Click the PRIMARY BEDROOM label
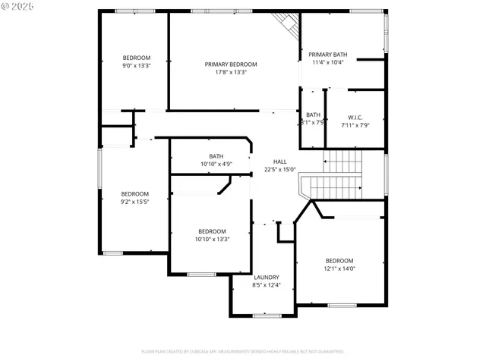(x=231, y=64)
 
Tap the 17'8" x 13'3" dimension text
(x=231, y=72)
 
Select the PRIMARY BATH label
(x=327, y=55)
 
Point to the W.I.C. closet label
(x=355, y=118)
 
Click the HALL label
(x=279, y=162)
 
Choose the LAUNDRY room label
(x=266, y=278)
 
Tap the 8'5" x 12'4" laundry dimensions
(x=266, y=285)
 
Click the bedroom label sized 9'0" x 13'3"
(x=137, y=58)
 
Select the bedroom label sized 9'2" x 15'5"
(x=134, y=194)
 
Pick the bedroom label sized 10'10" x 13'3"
(x=212, y=231)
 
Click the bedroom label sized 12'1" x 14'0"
(x=339, y=261)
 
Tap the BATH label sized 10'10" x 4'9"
(x=216, y=156)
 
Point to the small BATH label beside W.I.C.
(x=313, y=115)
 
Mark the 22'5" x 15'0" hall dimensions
(x=279, y=170)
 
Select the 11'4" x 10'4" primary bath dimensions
(x=327, y=62)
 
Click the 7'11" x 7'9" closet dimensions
(x=355, y=125)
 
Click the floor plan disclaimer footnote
(x=242, y=352)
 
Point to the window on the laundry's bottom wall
(x=267, y=315)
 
